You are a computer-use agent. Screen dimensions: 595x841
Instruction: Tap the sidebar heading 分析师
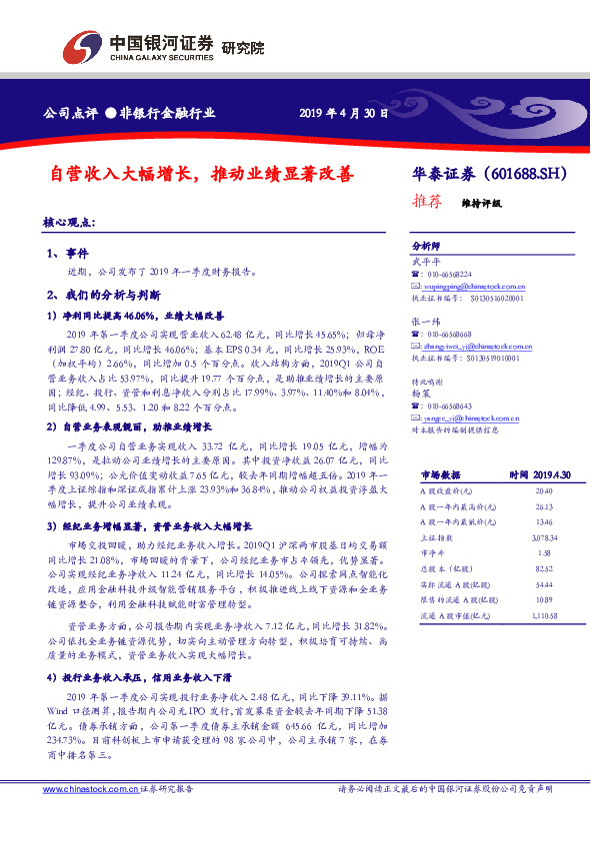425,246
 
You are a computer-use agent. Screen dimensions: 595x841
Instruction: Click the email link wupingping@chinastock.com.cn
473,286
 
